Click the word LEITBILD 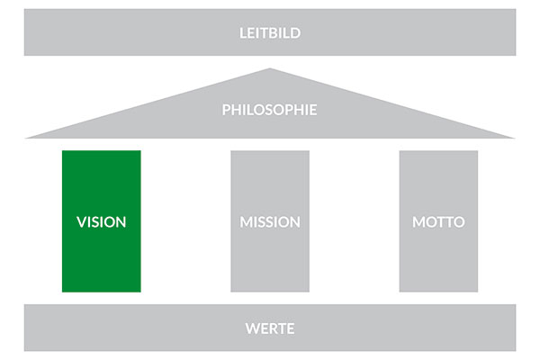[x=270, y=33]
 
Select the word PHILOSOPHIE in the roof [x=269, y=110]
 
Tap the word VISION [x=101, y=222]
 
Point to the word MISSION [x=270, y=222]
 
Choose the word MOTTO [x=438, y=222]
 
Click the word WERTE [x=270, y=328]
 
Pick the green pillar [x=101, y=221]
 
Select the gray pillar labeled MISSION [x=270, y=221]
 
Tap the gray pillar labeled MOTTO [x=438, y=221]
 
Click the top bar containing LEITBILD [x=270, y=32]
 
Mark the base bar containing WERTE [x=270, y=328]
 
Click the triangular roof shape [x=270, y=113]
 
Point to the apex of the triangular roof [x=270, y=68]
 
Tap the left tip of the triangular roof [x=25, y=138]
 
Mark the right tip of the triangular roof [x=515, y=138]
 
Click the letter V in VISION [x=81, y=222]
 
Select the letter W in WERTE [x=253, y=328]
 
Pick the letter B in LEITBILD [x=272, y=33]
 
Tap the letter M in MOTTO [x=418, y=222]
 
